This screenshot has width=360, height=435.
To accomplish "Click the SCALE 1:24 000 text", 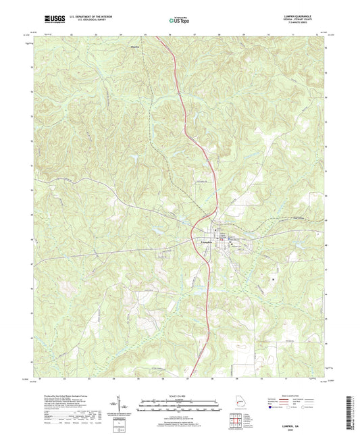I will pos(180,396).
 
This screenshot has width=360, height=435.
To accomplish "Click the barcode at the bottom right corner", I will pos(351,410).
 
